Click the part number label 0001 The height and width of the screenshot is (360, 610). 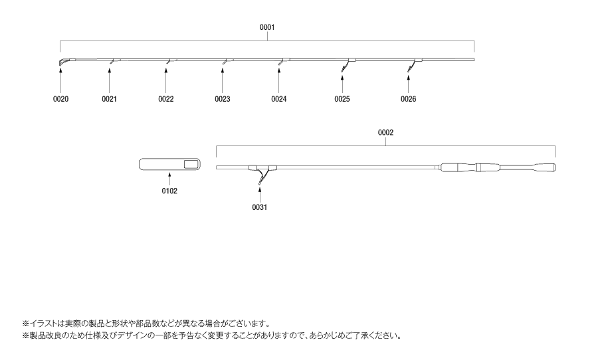[x=267, y=27]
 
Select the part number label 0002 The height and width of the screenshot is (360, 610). [x=385, y=133]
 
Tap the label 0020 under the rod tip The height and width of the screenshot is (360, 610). [x=60, y=99]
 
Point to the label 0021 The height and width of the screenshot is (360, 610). [x=110, y=99]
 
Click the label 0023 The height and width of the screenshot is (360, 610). [x=223, y=99]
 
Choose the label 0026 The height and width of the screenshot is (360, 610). [x=409, y=99]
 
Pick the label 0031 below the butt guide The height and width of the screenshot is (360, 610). [x=260, y=207]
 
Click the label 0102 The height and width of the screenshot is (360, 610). [x=169, y=191]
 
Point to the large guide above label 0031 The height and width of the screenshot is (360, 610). [x=262, y=174]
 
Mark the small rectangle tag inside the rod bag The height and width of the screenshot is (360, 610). [x=191, y=165]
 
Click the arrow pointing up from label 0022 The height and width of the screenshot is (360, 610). [x=165, y=81]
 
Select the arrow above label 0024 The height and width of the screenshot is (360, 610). [x=279, y=81]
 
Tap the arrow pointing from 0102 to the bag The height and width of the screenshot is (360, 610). [x=169, y=179]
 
